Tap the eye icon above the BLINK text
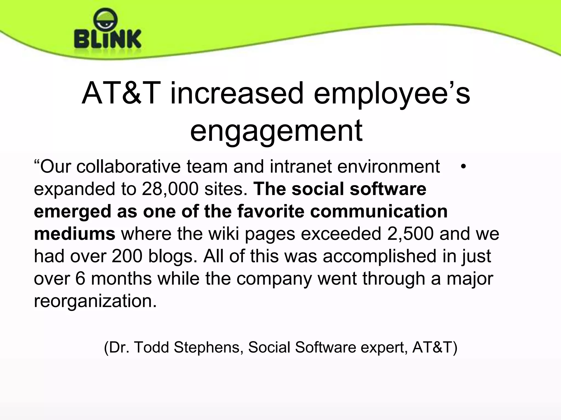[x=105, y=20]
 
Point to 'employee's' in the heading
[x=392, y=94]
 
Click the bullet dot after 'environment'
[x=463, y=167]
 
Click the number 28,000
[x=170, y=189]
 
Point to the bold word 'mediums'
[x=75, y=234]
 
